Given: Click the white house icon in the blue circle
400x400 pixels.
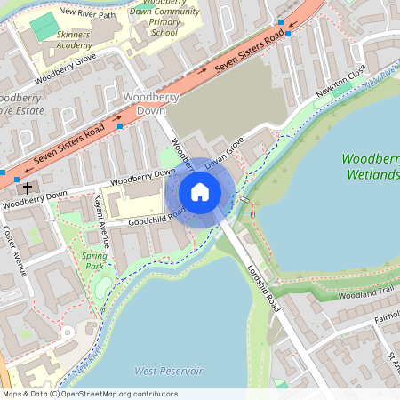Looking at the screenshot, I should [200, 192].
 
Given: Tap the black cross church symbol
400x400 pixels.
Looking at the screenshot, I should [28, 188].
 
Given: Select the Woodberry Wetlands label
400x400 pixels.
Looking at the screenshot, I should [371, 166].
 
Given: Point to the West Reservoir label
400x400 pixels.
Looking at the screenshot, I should [168, 370].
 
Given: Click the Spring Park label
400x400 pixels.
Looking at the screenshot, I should [94, 260].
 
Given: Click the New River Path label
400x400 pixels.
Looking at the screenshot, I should [87, 12].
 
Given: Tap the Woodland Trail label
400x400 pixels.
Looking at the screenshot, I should [366, 292].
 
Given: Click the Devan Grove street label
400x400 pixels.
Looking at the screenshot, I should [223, 153].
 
